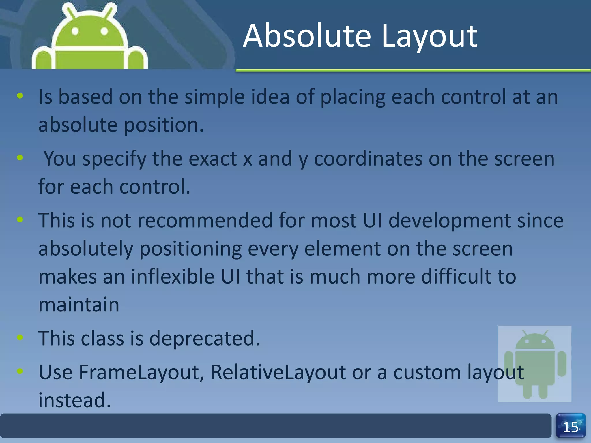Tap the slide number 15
(x=571, y=427)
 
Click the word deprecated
(x=204, y=338)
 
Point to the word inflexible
(x=173, y=276)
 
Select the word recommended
(x=205, y=220)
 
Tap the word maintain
(x=79, y=305)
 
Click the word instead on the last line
(x=74, y=400)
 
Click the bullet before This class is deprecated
(x=20, y=337)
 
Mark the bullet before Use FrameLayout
(x=20, y=371)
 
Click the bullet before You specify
(x=20, y=157)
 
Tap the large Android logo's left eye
(x=75, y=31)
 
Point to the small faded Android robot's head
(x=535, y=341)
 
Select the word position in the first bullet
(x=164, y=125)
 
